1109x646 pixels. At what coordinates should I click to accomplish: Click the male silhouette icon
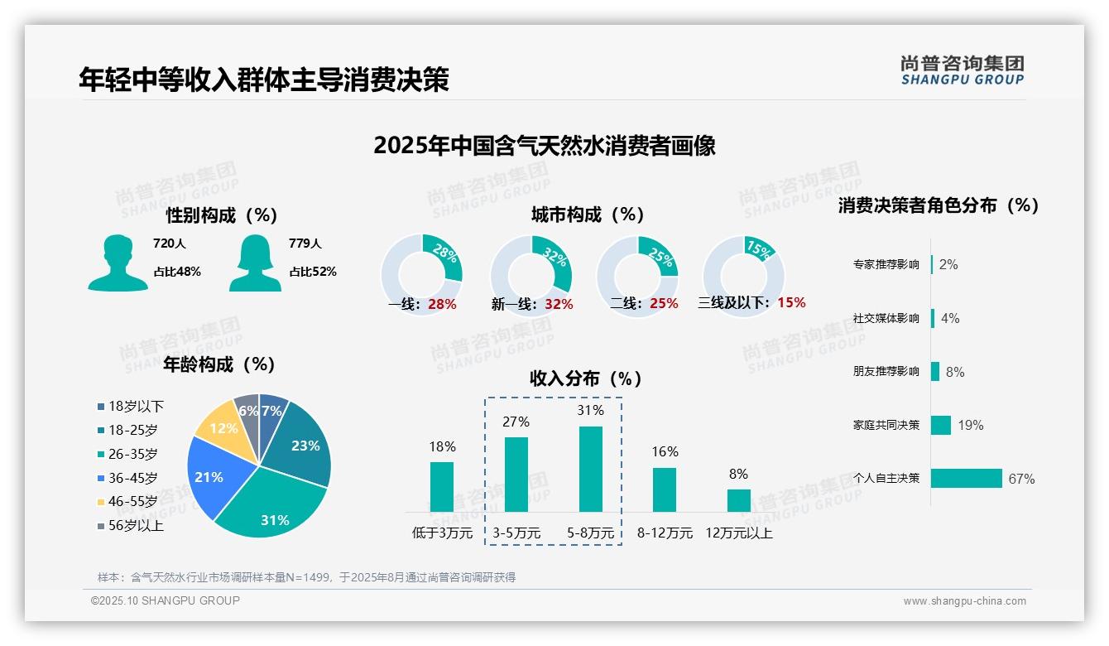(118, 263)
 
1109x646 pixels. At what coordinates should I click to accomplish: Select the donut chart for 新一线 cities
(530, 274)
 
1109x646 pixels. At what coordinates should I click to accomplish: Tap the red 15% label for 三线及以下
(791, 303)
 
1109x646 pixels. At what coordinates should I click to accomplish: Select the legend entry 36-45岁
(132, 478)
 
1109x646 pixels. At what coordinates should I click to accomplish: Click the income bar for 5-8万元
(590, 469)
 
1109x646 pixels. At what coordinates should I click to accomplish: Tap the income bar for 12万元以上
(738, 500)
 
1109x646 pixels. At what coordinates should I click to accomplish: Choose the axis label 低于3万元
(442, 533)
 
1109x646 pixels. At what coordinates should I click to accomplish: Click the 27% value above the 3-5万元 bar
(516, 422)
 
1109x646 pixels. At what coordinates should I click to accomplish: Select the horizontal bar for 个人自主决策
(966, 479)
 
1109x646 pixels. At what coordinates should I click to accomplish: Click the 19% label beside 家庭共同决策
(971, 426)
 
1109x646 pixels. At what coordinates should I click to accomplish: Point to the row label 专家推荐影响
(886, 265)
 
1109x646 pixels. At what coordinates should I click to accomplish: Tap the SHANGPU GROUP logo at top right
(962, 70)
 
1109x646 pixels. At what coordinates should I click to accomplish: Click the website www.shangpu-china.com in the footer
(964, 601)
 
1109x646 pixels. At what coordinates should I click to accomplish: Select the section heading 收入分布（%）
(586, 379)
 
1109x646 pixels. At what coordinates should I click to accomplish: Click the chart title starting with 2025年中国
(544, 146)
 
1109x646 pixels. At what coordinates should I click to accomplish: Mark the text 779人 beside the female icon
(305, 244)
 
